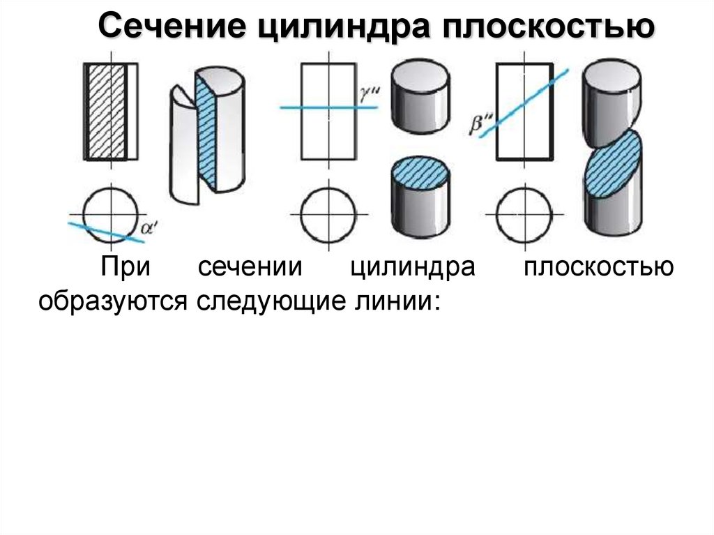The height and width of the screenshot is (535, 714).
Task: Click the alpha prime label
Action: click(x=147, y=225)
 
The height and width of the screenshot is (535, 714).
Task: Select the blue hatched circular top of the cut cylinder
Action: click(x=420, y=172)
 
